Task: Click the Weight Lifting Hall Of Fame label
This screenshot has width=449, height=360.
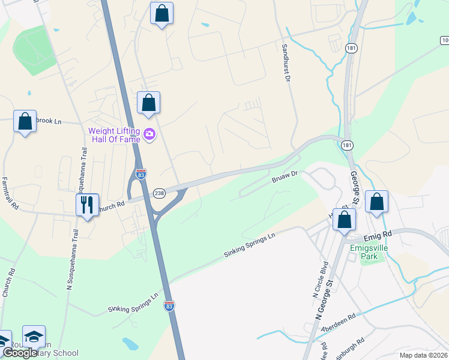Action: (x=114, y=135)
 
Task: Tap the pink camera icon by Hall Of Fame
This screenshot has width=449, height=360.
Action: (x=149, y=136)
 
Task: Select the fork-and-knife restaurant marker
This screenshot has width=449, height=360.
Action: (x=87, y=205)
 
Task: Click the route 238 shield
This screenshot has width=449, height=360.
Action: (x=159, y=193)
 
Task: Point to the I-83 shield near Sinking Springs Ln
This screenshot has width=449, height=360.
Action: (x=169, y=306)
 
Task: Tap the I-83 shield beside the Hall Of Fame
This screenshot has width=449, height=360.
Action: (x=140, y=175)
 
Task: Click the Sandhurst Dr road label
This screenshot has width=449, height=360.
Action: (x=287, y=62)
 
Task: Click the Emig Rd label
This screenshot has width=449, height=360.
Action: (x=377, y=233)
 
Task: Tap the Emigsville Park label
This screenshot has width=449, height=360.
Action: (x=367, y=252)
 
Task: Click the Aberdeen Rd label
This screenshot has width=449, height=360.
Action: (x=339, y=321)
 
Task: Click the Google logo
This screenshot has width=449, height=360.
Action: (x=20, y=353)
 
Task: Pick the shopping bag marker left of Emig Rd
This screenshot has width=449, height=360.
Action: (x=344, y=220)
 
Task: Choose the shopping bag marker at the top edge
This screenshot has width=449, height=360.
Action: (x=161, y=13)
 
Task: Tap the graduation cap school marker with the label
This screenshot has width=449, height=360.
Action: (x=34, y=337)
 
